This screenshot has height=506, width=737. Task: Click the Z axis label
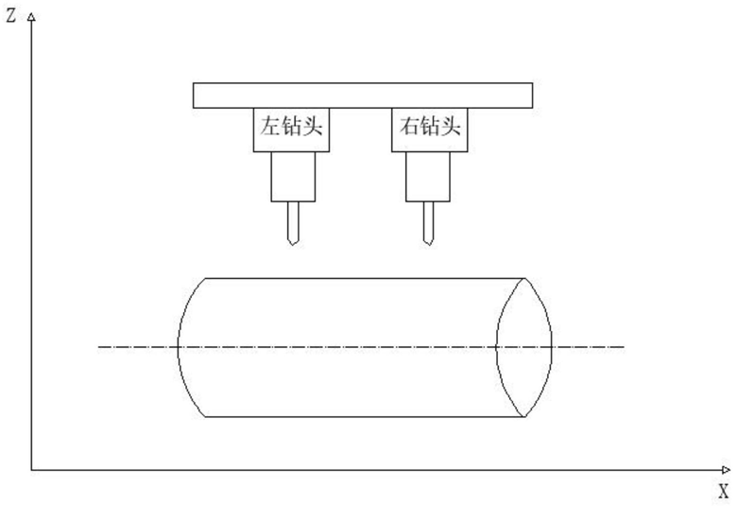coord(10,15)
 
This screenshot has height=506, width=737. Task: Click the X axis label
coord(724,492)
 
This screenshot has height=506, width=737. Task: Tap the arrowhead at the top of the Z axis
coord(31,17)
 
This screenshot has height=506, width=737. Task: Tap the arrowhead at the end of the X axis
coord(726,470)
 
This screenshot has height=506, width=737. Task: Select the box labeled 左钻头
coord(291,130)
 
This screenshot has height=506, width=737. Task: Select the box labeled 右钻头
coord(430,130)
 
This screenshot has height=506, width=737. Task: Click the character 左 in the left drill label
coord(270,126)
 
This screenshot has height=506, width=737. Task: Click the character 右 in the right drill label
coord(409,126)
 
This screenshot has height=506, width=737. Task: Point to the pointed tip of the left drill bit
coord(292,245)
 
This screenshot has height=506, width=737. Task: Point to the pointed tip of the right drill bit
coord(428,245)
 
